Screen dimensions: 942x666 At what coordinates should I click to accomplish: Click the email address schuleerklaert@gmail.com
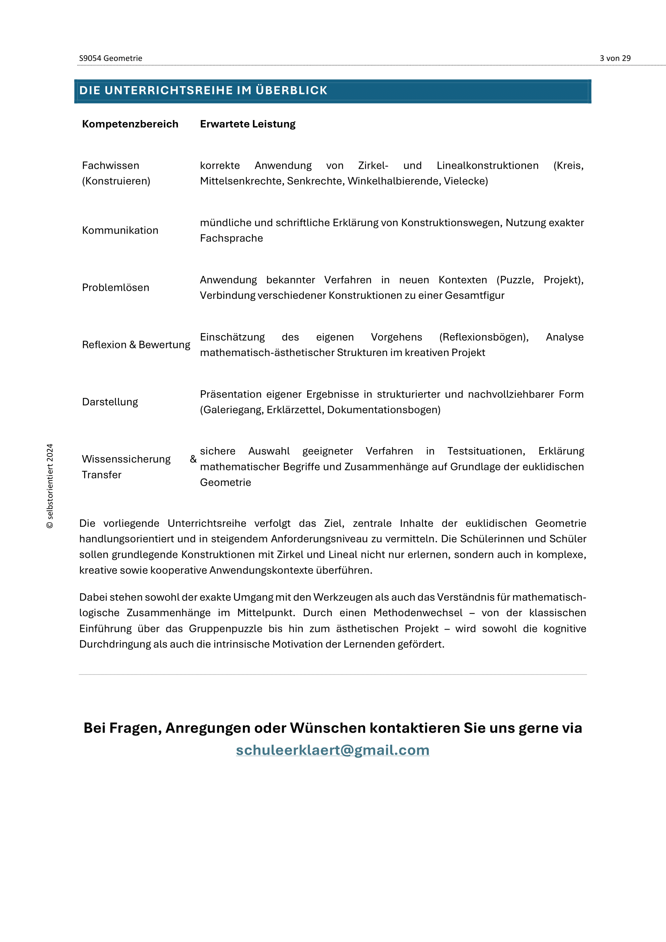[333, 750]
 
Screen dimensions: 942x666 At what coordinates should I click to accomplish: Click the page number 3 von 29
[615, 58]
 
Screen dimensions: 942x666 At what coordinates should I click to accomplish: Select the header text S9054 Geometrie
[111, 58]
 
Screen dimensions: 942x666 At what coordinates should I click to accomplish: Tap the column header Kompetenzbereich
[130, 124]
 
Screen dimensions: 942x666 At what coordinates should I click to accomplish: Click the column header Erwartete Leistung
[248, 124]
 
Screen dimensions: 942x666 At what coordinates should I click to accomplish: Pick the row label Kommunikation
[120, 230]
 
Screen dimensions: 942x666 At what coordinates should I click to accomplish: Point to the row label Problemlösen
[116, 287]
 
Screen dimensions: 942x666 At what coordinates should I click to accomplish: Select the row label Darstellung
[110, 402]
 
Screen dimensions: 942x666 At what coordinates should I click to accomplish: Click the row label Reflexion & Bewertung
[136, 345]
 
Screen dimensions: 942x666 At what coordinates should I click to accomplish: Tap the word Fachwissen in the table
[111, 166]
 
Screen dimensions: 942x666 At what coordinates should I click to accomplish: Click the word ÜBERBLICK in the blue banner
[292, 90]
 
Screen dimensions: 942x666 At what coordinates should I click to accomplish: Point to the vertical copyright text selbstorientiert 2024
[50, 486]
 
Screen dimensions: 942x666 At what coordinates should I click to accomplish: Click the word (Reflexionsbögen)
[484, 337]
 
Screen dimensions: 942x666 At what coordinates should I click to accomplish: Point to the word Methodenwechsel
[418, 613]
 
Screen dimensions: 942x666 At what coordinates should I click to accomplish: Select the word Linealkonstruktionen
[488, 166]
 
